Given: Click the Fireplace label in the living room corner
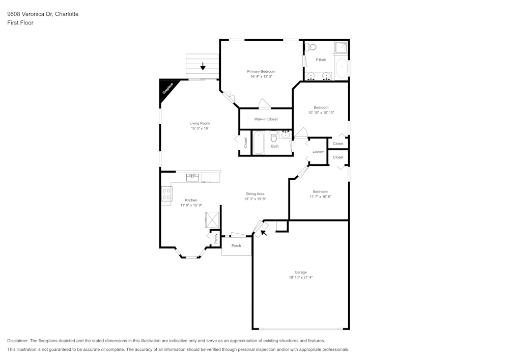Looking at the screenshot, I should (168, 89).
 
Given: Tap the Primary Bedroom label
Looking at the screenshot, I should (261, 71).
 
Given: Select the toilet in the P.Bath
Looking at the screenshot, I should (312, 47).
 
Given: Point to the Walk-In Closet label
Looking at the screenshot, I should (266, 119).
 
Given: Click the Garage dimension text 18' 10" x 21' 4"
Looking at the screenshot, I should (300, 278).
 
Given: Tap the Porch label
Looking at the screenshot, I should (236, 245).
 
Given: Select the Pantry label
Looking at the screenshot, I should (216, 238).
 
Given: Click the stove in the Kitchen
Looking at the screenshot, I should (166, 194).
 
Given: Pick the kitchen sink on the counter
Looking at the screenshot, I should (192, 177).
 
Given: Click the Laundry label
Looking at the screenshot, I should (318, 152).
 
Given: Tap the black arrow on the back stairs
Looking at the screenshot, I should (203, 66).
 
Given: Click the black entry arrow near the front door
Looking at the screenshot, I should (263, 233).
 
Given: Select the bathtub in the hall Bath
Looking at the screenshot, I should (259, 143).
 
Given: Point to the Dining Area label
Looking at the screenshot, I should (255, 193).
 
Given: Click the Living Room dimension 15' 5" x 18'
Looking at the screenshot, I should (200, 128).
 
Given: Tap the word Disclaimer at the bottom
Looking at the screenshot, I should (18, 341).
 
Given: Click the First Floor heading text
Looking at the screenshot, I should (20, 23).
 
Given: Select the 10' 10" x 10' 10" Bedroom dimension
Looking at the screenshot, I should (321, 113).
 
